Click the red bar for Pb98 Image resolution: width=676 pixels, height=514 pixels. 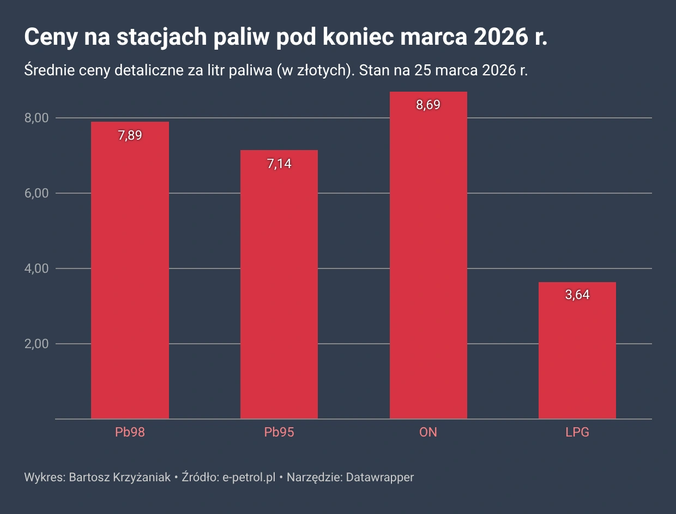pos(130,273)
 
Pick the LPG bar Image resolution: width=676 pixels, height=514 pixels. pos(577,355)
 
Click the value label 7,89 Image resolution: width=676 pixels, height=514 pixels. pos(130,135)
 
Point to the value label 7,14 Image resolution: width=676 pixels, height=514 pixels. pos(279,164)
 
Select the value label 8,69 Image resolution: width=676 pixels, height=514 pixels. pos(428,105)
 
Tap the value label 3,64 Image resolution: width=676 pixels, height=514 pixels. pos(577,295)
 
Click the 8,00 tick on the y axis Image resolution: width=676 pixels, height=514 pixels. pos(37,118)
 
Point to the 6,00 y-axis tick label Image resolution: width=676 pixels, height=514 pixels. pos(37,193)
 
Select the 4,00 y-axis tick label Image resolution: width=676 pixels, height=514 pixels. pos(37,268)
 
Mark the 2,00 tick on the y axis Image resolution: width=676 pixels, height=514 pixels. pos(37,344)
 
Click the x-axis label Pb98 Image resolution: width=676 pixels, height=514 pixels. pos(130,433)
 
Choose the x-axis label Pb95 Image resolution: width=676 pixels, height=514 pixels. pos(279,433)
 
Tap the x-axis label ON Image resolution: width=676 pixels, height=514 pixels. pos(428,433)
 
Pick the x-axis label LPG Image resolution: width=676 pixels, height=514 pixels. pos(577,433)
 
